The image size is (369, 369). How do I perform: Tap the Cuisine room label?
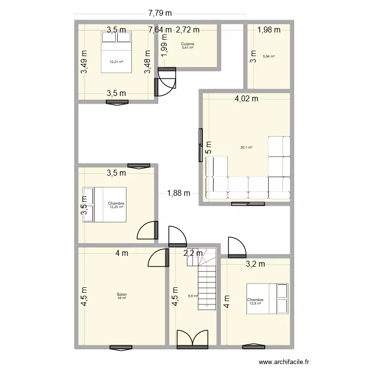tap(187, 44)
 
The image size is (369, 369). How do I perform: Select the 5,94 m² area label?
tap(269, 57)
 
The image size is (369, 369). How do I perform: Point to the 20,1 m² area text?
tap(246, 147)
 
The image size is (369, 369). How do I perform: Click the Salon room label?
tap(122, 295)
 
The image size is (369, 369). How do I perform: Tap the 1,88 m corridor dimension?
tap(178, 193)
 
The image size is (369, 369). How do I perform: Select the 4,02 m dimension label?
tap(246, 98)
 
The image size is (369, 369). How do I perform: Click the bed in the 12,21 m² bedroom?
tap(116, 52)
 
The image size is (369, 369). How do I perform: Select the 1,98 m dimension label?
tap(269, 30)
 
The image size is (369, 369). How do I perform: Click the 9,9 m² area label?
tap(192, 296)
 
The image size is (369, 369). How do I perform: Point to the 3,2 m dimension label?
tap(255, 264)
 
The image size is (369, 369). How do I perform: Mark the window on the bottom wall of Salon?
tap(122, 347)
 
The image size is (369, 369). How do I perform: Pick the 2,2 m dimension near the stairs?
tap(193, 253)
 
